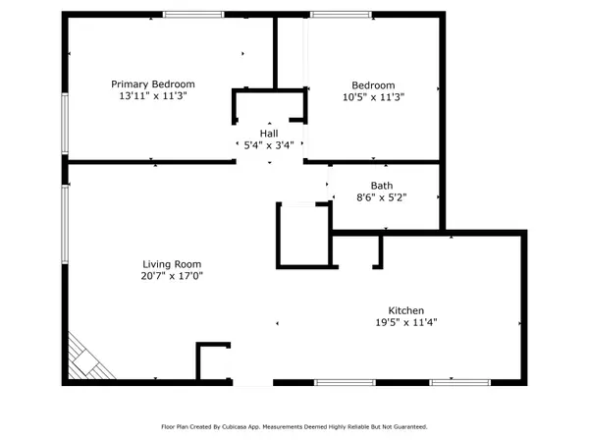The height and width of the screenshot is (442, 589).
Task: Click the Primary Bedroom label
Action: pyautogui.click(x=153, y=83)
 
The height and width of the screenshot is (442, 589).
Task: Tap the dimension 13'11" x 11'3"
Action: pyautogui.click(x=153, y=96)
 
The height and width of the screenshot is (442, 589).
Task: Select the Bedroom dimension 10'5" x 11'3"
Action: pyautogui.click(x=373, y=96)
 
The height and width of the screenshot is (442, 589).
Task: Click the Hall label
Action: pyautogui.click(x=268, y=133)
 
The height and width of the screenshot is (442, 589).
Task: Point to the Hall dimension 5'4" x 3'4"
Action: pyautogui.click(x=268, y=145)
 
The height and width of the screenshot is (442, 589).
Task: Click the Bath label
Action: pyautogui.click(x=382, y=185)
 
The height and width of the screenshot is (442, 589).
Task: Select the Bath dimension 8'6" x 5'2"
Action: pyautogui.click(x=382, y=197)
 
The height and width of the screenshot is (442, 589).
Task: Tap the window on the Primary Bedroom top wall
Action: pyautogui.click(x=190, y=14)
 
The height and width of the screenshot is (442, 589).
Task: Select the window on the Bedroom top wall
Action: pyautogui.click(x=340, y=14)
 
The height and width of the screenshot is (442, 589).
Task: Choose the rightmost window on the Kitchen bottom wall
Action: pyautogui.click(x=459, y=381)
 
